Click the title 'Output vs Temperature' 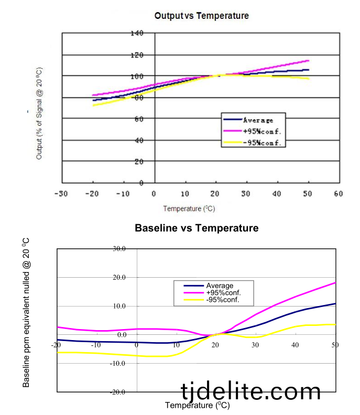coord(201,16)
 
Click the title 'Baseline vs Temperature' coord(197,228)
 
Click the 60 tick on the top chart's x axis coord(338,193)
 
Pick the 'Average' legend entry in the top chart coord(257,120)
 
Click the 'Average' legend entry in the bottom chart coord(220,286)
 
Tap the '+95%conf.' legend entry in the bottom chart coord(223,292)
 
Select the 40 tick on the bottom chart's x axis coord(296,344)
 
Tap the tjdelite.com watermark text coord(250,391)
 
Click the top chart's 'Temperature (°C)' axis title coord(189,209)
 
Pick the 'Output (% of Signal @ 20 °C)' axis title coord(39,113)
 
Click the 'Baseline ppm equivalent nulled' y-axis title coord(26,312)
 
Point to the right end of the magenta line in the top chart coord(309,60)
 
